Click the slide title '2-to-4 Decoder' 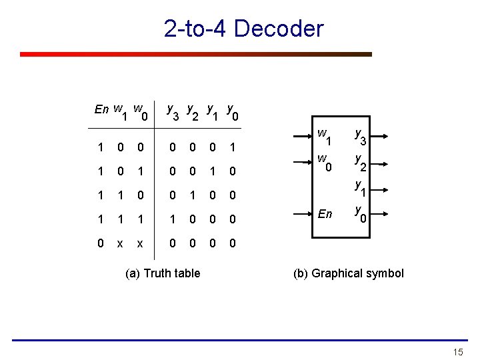[243, 29]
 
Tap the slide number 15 [457, 351]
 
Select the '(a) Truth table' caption [163, 273]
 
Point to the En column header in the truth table [102, 109]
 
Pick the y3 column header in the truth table [172, 111]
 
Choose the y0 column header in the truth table [232, 111]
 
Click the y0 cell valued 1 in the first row [232, 147]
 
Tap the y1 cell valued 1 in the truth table [212, 171]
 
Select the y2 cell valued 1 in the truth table [192, 195]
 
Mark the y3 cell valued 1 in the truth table [172, 219]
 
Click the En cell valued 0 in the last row [100, 244]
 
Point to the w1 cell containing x [120, 244]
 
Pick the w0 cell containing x [140, 244]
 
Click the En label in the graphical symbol [325, 214]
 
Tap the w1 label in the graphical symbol [325, 138]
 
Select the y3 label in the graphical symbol [361, 138]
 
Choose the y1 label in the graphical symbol [361, 188]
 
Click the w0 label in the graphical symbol [325, 163]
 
